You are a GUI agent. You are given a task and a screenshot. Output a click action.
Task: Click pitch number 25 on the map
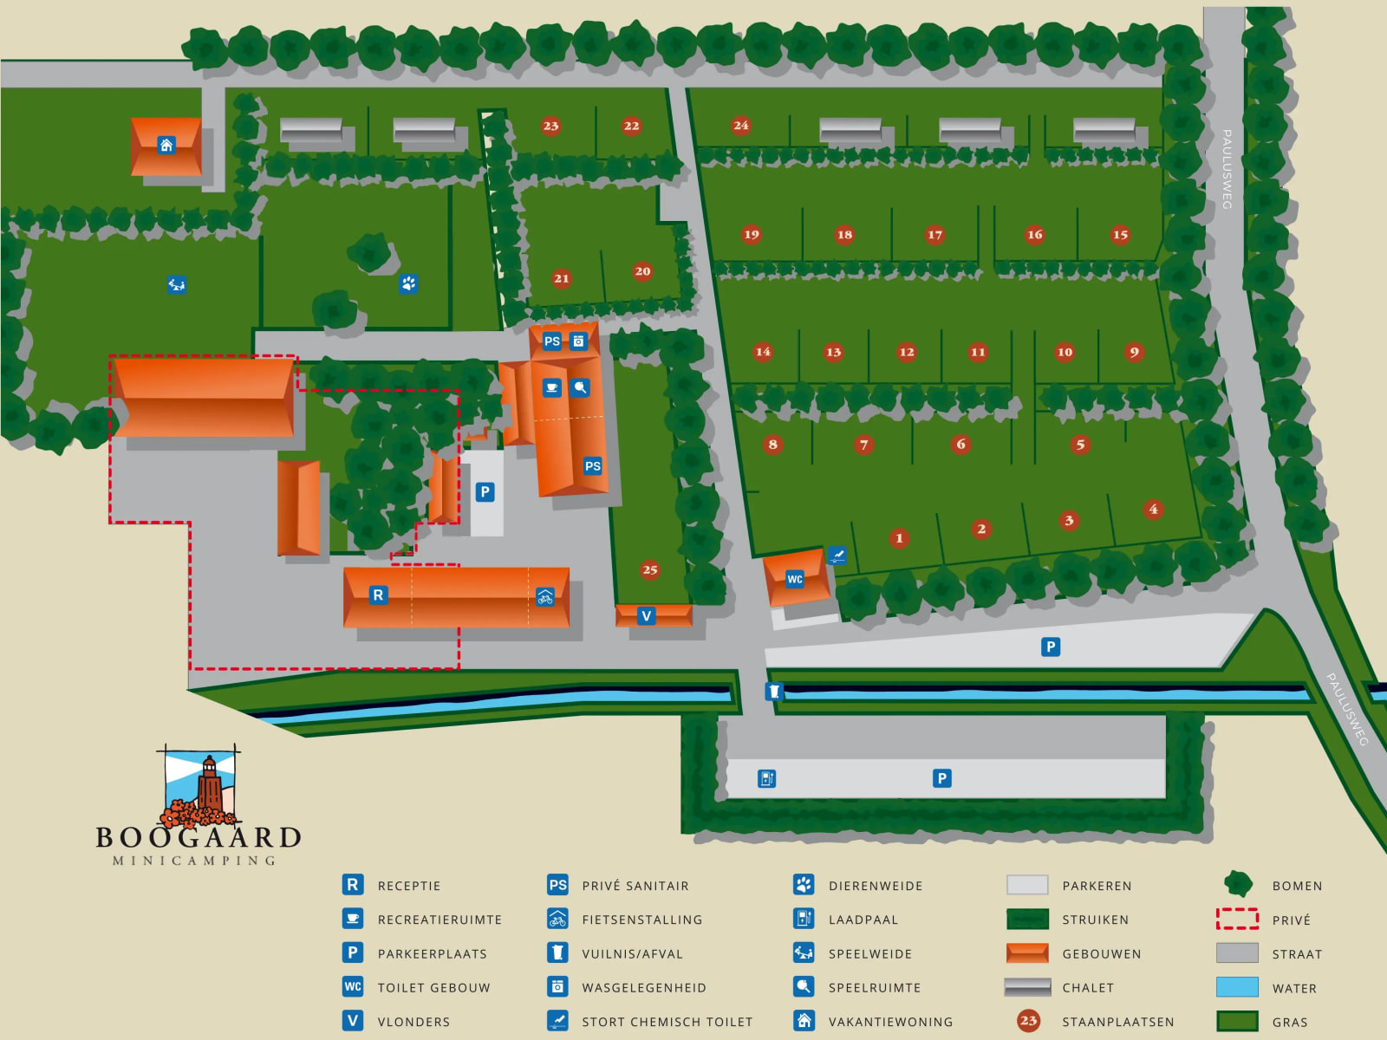(x=650, y=569)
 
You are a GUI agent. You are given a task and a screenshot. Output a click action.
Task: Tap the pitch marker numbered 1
(x=899, y=538)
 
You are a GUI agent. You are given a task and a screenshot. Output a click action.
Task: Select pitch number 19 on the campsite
(x=752, y=234)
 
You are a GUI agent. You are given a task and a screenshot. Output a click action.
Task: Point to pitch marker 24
(x=740, y=125)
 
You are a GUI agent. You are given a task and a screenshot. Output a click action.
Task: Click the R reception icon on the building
(x=378, y=595)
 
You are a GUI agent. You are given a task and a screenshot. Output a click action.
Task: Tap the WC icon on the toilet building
(x=795, y=579)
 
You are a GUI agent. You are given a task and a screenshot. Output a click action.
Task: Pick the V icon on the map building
(x=646, y=616)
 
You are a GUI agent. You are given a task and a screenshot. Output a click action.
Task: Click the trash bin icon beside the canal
(x=774, y=692)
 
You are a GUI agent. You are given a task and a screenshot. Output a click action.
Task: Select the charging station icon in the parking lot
(x=767, y=778)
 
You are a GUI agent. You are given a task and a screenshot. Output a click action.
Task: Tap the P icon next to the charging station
(x=942, y=778)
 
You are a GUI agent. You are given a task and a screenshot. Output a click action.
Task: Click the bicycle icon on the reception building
(x=545, y=596)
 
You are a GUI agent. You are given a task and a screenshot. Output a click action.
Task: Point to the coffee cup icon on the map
(x=552, y=387)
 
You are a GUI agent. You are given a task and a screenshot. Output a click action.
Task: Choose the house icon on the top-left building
(x=166, y=145)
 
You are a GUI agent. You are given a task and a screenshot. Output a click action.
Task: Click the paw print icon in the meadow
(x=408, y=283)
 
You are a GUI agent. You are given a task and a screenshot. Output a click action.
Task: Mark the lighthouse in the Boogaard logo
(x=209, y=784)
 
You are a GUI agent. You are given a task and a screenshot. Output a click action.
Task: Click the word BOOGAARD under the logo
(x=199, y=837)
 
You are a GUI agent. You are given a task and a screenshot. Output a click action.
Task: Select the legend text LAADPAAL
(x=863, y=920)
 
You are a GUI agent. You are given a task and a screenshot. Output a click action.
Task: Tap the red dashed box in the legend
(x=1237, y=919)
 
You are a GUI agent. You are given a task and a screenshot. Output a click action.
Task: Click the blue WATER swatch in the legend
(x=1237, y=987)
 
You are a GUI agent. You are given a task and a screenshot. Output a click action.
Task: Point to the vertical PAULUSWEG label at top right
(x=1227, y=169)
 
